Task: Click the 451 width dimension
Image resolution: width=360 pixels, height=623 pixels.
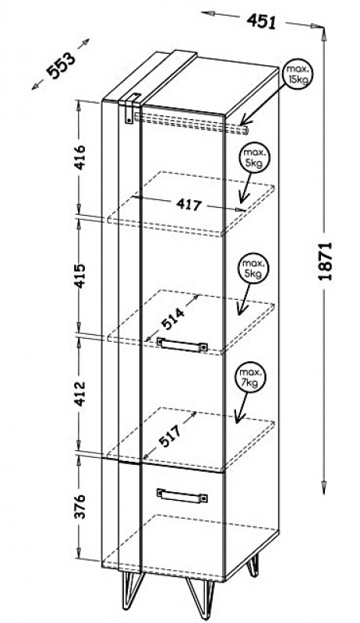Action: (261, 21)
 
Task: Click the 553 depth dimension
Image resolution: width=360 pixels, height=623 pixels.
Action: (61, 65)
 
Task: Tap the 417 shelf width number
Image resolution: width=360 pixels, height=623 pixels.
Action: (189, 206)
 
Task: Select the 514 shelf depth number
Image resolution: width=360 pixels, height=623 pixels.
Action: (173, 320)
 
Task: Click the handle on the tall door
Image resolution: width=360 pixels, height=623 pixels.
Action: (182, 344)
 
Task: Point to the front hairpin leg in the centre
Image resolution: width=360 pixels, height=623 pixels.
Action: (201, 596)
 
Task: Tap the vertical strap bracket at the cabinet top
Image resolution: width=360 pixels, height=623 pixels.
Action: (129, 110)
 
